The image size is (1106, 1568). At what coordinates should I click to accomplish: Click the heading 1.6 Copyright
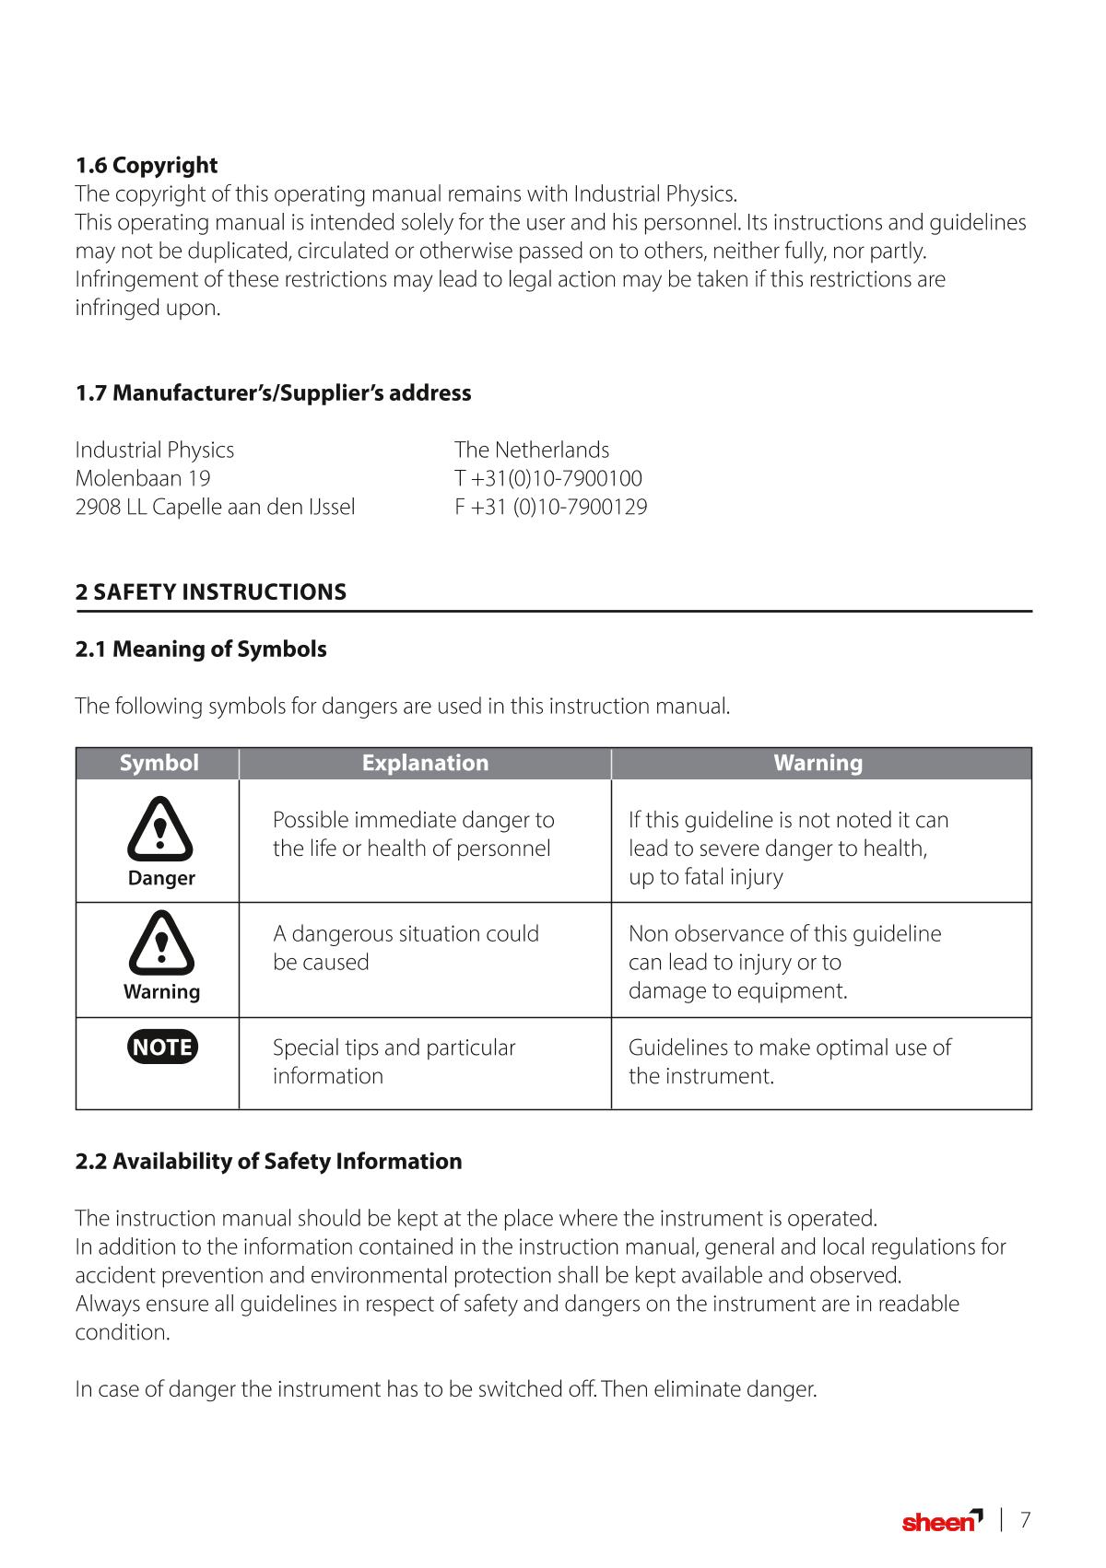[146, 166]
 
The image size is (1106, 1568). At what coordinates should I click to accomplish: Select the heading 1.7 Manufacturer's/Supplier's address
[273, 393]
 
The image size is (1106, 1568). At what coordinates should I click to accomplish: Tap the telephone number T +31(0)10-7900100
[547, 478]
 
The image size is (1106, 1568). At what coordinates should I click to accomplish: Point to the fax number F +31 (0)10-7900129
[550, 507]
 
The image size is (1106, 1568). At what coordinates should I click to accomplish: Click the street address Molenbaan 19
[142, 478]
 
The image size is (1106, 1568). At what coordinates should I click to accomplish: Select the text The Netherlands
[531, 450]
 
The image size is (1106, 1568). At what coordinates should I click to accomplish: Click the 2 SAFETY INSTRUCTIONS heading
[210, 591]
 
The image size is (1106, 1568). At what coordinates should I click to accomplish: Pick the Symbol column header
[159, 763]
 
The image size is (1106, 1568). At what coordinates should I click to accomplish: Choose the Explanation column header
[425, 763]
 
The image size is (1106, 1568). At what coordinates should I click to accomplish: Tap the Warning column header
[818, 763]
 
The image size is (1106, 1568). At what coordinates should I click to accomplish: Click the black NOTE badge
[162, 1047]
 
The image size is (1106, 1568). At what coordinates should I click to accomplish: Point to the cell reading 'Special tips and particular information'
[394, 1061]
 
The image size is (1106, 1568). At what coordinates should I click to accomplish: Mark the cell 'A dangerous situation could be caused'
[406, 947]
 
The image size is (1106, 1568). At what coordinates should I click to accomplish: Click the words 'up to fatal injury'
[705, 876]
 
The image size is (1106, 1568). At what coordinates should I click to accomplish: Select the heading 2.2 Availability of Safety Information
[268, 1161]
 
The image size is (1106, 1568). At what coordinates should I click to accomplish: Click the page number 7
[1024, 1520]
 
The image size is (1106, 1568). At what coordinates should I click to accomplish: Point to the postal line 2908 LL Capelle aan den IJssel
[215, 507]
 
